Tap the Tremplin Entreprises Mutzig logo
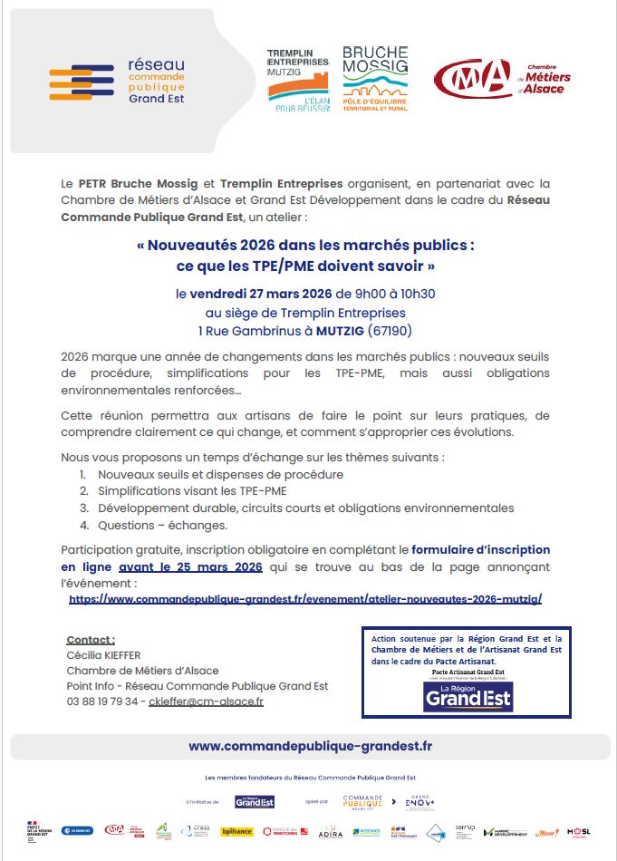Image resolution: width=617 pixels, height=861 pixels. pos(297,81)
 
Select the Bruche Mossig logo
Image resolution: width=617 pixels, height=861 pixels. pos(375,79)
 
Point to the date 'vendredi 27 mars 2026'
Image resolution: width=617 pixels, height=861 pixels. pos(261,294)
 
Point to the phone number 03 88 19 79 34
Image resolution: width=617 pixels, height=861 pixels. pos(102,701)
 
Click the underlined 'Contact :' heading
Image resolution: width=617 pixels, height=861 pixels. pos(91,639)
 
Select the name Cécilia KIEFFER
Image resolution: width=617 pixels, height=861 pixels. pos(105,654)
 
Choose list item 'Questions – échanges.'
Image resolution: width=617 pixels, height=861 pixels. pos(149,525)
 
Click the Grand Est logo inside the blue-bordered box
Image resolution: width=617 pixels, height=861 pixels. pos(468,696)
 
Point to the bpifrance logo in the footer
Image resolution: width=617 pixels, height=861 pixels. pos(237,830)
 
